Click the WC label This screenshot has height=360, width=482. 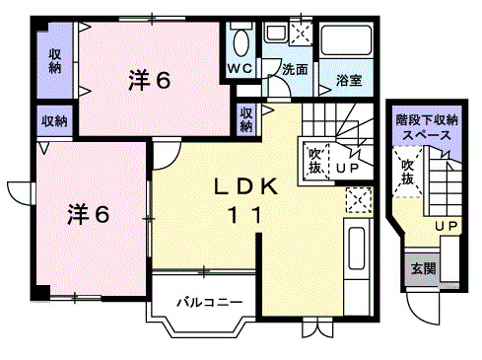241,68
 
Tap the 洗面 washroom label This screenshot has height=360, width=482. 295,70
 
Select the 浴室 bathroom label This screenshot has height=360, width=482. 346,80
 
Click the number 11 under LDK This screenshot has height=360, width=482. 246,217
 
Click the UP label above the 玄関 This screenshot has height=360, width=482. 446,227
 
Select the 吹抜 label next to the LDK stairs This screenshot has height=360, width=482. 314,159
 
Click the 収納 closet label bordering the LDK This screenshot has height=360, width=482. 245,119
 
